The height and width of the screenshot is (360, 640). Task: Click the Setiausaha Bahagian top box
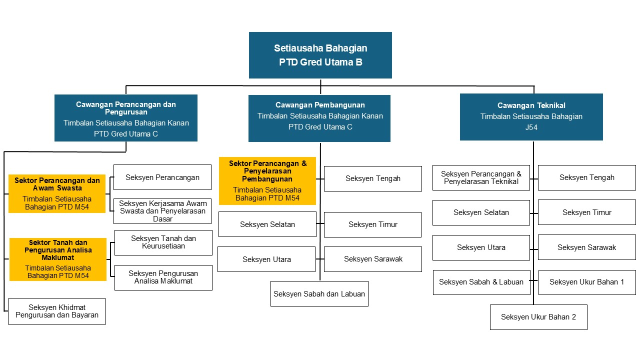click(x=320, y=55)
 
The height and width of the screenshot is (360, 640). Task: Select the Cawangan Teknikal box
click(x=531, y=117)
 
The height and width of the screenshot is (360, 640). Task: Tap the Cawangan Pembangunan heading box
click(x=319, y=118)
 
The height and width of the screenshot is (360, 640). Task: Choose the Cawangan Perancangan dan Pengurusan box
click(x=126, y=118)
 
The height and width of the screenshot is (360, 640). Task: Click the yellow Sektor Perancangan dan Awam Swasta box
click(x=57, y=193)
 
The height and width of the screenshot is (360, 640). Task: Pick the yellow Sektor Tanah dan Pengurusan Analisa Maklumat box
click(x=58, y=259)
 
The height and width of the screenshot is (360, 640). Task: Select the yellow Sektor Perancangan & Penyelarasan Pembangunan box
click(x=267, y=181)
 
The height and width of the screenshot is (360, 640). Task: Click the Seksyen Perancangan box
click(x=162, y=177)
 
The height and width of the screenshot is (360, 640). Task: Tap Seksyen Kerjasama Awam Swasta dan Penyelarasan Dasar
click(x=162, y=211)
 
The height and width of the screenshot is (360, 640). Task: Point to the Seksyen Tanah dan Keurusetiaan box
click(x=163, y=242)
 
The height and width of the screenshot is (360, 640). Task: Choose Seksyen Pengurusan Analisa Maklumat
click(x=163, y=277)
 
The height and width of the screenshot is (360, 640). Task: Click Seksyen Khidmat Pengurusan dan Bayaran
click(x=57, y=311)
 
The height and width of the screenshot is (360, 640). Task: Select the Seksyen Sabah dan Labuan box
click(x=319, y=293)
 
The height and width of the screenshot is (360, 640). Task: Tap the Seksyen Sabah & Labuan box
click(x=481, y=282)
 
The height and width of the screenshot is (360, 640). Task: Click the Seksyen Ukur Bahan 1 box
click(x=587, y=282)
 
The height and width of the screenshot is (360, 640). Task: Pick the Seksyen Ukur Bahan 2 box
click(x=538, y=317)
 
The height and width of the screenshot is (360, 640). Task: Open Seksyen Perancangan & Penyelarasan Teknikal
click(x=481, y=177)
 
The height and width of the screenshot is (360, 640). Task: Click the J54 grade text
click(x=531, y=127)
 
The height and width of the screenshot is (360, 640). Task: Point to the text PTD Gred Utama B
click(x=320, y=62)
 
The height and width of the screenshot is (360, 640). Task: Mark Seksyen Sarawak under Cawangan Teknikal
click(x=587, y=247)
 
